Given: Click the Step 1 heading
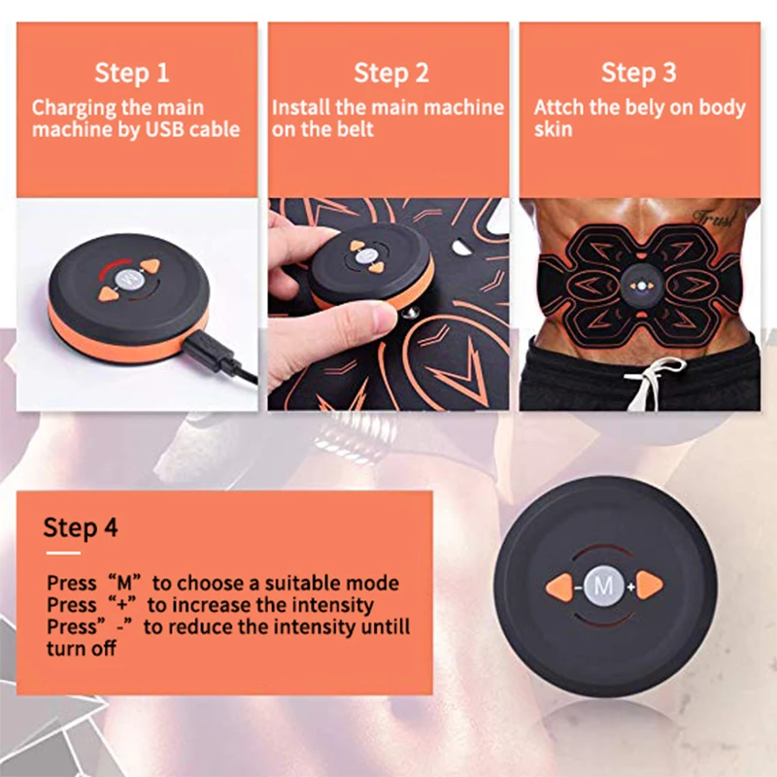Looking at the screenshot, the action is coord(132,73).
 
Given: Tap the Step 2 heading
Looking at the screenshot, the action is coord(391,73).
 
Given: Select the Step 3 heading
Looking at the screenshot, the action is coord(638,73).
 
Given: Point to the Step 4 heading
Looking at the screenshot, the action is coord(81,527).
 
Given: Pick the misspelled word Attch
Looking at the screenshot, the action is coord(558,108).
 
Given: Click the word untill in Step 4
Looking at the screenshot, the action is coord(385,626).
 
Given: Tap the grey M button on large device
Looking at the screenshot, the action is coord(603,587).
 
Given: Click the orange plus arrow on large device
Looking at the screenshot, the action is coord(649,586).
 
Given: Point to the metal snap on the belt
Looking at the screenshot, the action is coord(411,313).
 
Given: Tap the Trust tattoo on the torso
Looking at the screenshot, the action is coord(714,218).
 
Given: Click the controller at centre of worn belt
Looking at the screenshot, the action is coord(641,286).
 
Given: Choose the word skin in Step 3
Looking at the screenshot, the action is coord(553,129).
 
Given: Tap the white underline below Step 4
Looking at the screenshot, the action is coord(63,553).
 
